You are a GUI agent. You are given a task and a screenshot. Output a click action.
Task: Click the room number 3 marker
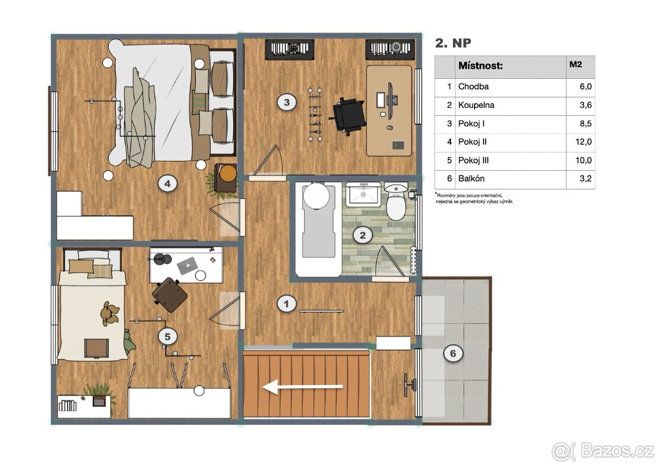point(287,102)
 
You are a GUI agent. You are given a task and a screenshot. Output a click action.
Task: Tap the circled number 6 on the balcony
point(453,353)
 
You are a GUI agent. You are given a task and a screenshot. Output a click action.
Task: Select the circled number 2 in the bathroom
point(362,235)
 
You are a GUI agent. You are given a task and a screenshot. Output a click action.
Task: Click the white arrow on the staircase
point(302,387)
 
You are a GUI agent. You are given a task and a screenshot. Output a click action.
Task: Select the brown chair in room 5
point(169,295)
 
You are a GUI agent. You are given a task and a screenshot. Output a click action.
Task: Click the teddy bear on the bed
point(109,313)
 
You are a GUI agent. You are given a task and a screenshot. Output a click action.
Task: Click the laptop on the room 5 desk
point(187,265)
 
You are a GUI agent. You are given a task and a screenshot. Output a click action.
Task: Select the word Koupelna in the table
point(476,105)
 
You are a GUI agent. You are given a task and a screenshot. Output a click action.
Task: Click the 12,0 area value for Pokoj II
point(584,142)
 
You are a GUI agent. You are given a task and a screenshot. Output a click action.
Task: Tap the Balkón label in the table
point(471,178)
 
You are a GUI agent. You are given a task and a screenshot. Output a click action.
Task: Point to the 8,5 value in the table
point(585,123)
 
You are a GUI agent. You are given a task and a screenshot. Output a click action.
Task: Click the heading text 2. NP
point(453,43)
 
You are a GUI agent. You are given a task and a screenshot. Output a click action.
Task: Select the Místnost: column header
point(480,66)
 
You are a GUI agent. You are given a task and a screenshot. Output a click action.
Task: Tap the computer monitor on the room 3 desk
point(391,101)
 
